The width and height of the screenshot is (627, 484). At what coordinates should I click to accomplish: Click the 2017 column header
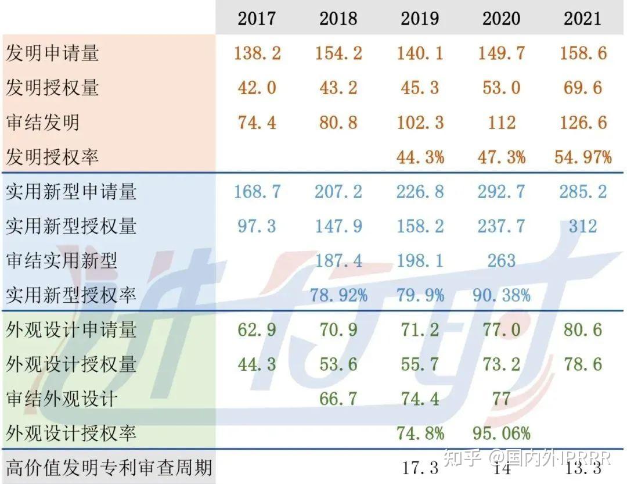(x=257, y=18)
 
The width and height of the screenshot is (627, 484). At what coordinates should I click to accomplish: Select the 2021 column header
(x=583, y=18)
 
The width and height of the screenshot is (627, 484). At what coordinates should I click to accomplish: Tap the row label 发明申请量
(x=52, y=53)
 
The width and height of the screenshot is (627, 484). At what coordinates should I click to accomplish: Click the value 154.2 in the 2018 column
(x=338, y=53)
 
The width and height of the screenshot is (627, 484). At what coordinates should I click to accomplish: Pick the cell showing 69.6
(x=583, y=88)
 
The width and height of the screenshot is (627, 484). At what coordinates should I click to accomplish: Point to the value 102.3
(x=420, y=123)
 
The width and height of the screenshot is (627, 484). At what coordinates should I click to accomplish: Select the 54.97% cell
(x=583, y=157)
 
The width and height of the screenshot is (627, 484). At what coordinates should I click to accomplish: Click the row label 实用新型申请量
(x=71, y=192)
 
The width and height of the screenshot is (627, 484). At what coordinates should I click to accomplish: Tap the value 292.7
(x=502, y=192)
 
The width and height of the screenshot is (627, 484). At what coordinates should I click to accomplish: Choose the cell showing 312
(x=583, y=226)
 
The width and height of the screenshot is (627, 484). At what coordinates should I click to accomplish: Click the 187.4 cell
(x=338, y=261)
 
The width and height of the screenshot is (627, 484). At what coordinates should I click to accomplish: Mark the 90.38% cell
(x=502, y=295)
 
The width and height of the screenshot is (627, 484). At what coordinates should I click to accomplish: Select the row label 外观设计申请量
(x=71, y=330)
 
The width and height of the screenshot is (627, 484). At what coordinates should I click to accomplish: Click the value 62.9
(x=257, y=329)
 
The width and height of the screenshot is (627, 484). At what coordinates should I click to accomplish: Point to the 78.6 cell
(x=583, y=364)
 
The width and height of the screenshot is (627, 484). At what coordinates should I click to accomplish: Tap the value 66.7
(x=338, y=399)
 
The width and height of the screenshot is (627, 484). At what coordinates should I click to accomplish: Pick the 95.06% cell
(x=502, y=433)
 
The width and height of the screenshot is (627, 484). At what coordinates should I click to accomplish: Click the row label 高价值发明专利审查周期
(x=108, y=468)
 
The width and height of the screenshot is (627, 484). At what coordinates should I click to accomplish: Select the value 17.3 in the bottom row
(x=420, y=468)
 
